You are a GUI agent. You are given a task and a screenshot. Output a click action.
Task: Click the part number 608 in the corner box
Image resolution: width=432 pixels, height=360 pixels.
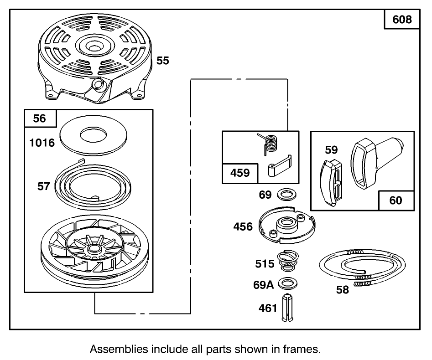(x=401, y=20)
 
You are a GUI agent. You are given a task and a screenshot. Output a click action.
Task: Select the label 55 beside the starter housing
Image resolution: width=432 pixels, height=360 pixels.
(x=163, y=61)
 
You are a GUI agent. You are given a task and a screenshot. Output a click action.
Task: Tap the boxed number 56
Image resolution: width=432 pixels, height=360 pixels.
(x=40, y=118)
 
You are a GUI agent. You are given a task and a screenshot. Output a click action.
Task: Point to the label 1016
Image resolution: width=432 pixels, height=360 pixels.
(x=42, y=143)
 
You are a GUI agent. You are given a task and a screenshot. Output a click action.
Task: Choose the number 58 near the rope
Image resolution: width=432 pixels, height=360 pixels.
(x=342, y=290)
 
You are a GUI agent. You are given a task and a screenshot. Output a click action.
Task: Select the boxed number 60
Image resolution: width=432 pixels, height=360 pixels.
(x=396, y=200)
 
